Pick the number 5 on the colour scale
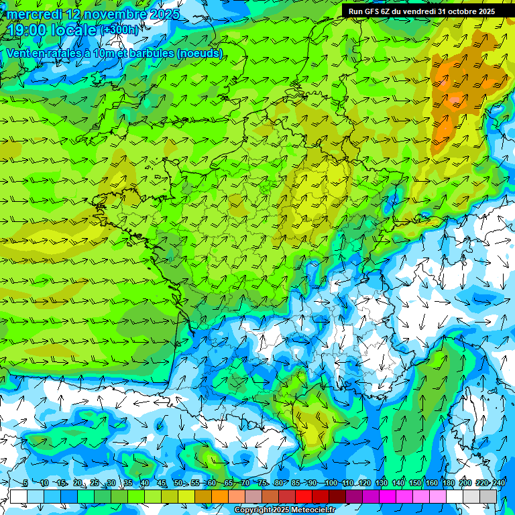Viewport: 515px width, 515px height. pyautogui.click(x=25, y=483)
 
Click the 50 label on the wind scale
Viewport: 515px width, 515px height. pyautogui.click(x=178, y=483)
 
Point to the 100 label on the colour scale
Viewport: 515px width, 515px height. pyautogui.click(x=331, y=483)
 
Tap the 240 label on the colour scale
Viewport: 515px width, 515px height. pyautogui.click(x=499, y=483)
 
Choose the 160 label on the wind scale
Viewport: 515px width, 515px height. pyautogui.click(x=432, y=483)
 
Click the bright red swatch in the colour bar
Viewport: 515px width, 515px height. pyautogui.click(x=304, y=496)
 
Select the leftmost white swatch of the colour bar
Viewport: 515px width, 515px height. pyautogui.click(x=19, y=496)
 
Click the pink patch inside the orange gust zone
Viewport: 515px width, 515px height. pyautogui.click(x=456, y=101)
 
